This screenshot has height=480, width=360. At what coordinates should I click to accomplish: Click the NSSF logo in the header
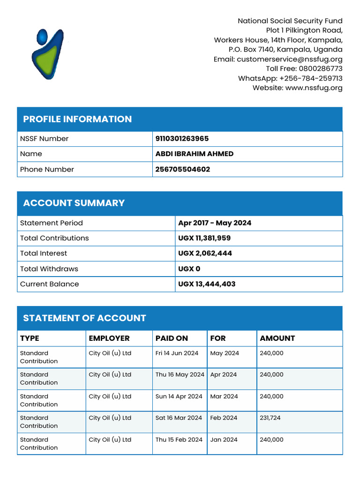49,54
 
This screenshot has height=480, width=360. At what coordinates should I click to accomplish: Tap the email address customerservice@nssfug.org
289,59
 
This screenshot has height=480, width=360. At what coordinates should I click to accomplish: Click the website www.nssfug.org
314,88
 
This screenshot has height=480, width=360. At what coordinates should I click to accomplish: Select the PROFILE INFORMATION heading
77,119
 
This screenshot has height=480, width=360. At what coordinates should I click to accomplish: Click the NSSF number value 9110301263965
182,139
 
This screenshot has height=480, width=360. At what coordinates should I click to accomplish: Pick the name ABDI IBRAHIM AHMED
194,154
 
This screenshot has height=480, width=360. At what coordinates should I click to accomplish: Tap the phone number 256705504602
182,169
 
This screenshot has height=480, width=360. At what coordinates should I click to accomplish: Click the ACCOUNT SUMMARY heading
74,203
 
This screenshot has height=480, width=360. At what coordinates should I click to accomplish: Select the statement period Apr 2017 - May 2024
215,223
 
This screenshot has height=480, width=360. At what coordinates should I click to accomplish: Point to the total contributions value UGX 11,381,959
204,238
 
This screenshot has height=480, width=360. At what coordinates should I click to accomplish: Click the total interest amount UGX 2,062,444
205,254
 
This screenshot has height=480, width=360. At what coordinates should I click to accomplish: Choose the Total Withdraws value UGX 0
189,269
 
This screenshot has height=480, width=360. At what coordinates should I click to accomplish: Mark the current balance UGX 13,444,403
207,284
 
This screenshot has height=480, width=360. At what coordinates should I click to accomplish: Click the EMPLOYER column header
109,338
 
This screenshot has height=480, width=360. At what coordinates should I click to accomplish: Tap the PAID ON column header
172,338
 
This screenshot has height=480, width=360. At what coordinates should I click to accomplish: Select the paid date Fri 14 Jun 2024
177,353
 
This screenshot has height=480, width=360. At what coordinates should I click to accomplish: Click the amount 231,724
270,418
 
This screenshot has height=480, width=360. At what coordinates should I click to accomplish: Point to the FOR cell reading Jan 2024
224,440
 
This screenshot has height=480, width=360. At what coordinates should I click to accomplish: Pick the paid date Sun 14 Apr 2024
179,397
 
